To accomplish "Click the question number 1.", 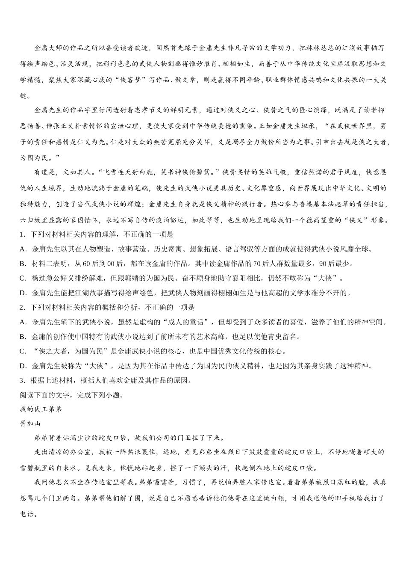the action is (21, 234).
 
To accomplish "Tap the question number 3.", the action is (21, 380).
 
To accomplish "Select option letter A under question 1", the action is (23, 249).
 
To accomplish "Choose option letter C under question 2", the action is (23, 351).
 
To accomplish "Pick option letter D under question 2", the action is (23, 365).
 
